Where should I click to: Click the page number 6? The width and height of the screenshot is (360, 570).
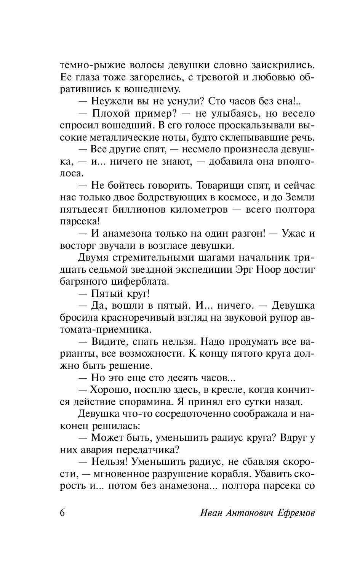coord(62,512)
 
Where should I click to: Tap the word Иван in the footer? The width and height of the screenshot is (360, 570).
coord(211,513)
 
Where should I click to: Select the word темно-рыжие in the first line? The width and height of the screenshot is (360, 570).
coord(91,65)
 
